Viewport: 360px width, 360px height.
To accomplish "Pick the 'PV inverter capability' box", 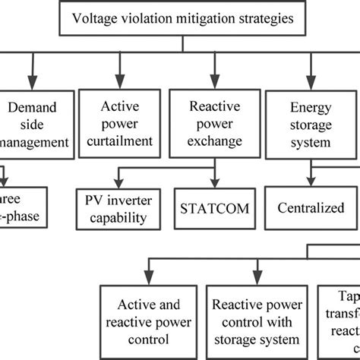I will [121, 207].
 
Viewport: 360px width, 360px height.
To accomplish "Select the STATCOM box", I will [207, 206].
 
